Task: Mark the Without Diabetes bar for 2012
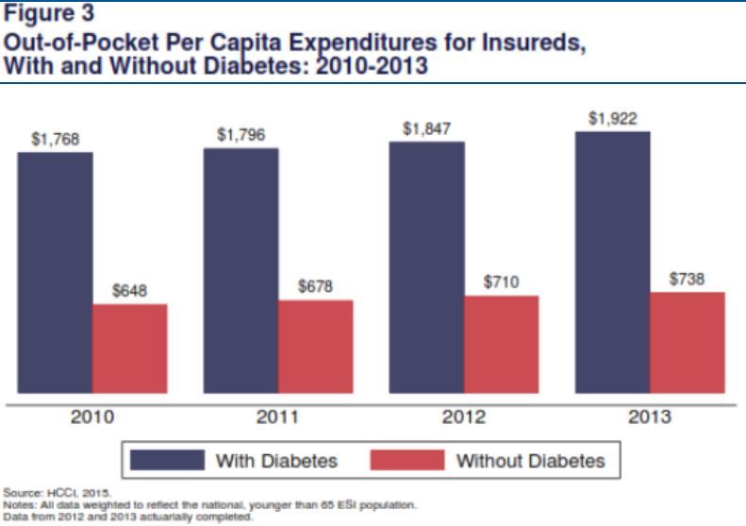[x=501, y=344]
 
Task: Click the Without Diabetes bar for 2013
[x=687, y=342]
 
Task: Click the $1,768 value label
[x=56, y=140]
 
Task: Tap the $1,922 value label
[x=613, y=119]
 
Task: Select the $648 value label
[x=130, y=292]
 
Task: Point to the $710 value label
[x=502, y=282]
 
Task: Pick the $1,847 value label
[x=427, y=129]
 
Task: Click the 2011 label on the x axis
[x=277, y=416]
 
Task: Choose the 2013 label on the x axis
[x=649, y=416]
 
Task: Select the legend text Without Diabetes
[x=530, y=461]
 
